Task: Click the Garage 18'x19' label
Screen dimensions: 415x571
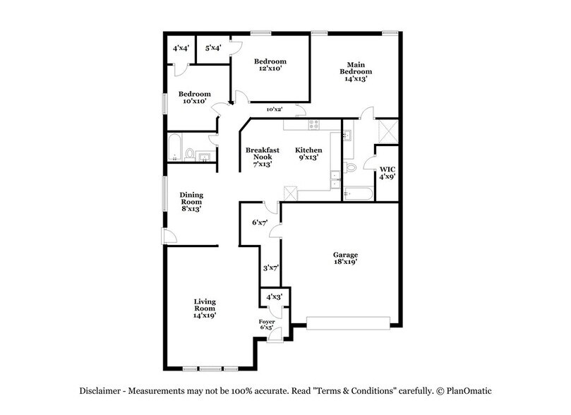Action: [346, 258]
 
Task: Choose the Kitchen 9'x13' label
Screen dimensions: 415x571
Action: [308, 155]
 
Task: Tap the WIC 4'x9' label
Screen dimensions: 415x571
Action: [387, 174]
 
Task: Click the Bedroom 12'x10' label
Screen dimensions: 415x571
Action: [271, 66]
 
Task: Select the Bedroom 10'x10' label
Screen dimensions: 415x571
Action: [194, 98]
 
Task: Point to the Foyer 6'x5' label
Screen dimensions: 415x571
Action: [266, 325]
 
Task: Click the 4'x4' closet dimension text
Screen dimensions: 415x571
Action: [181, 49]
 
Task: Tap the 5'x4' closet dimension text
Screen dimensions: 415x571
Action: [213, 49]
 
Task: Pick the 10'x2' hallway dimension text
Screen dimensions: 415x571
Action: [275, 109]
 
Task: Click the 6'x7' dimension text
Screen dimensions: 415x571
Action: [261, 223]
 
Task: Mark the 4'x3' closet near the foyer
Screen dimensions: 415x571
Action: [274, 297]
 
